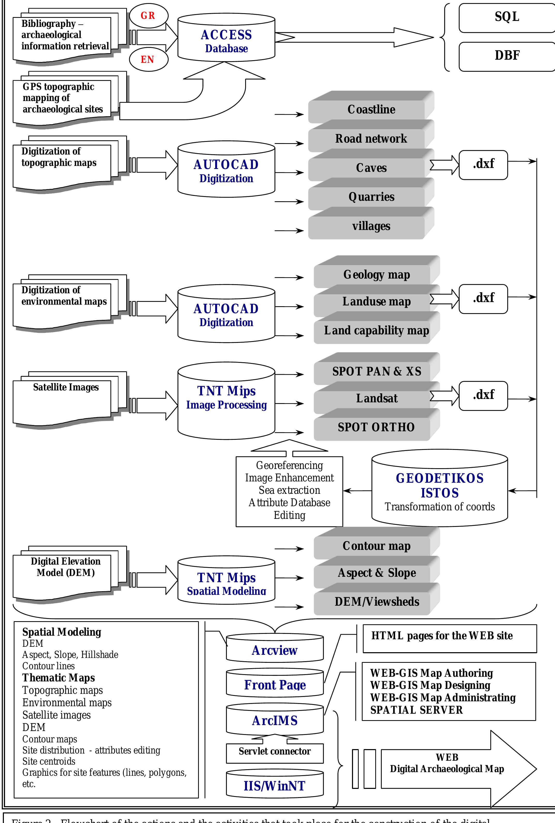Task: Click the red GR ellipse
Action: tap(148, 16)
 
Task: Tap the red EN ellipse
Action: tap(148, 59)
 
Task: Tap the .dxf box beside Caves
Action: tap(483, 164)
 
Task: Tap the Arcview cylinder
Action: tap(275, 650)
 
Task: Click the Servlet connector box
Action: tap(275, 751)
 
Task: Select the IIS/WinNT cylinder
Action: tap(275, 786)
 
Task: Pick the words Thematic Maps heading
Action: tap(58, 678)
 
